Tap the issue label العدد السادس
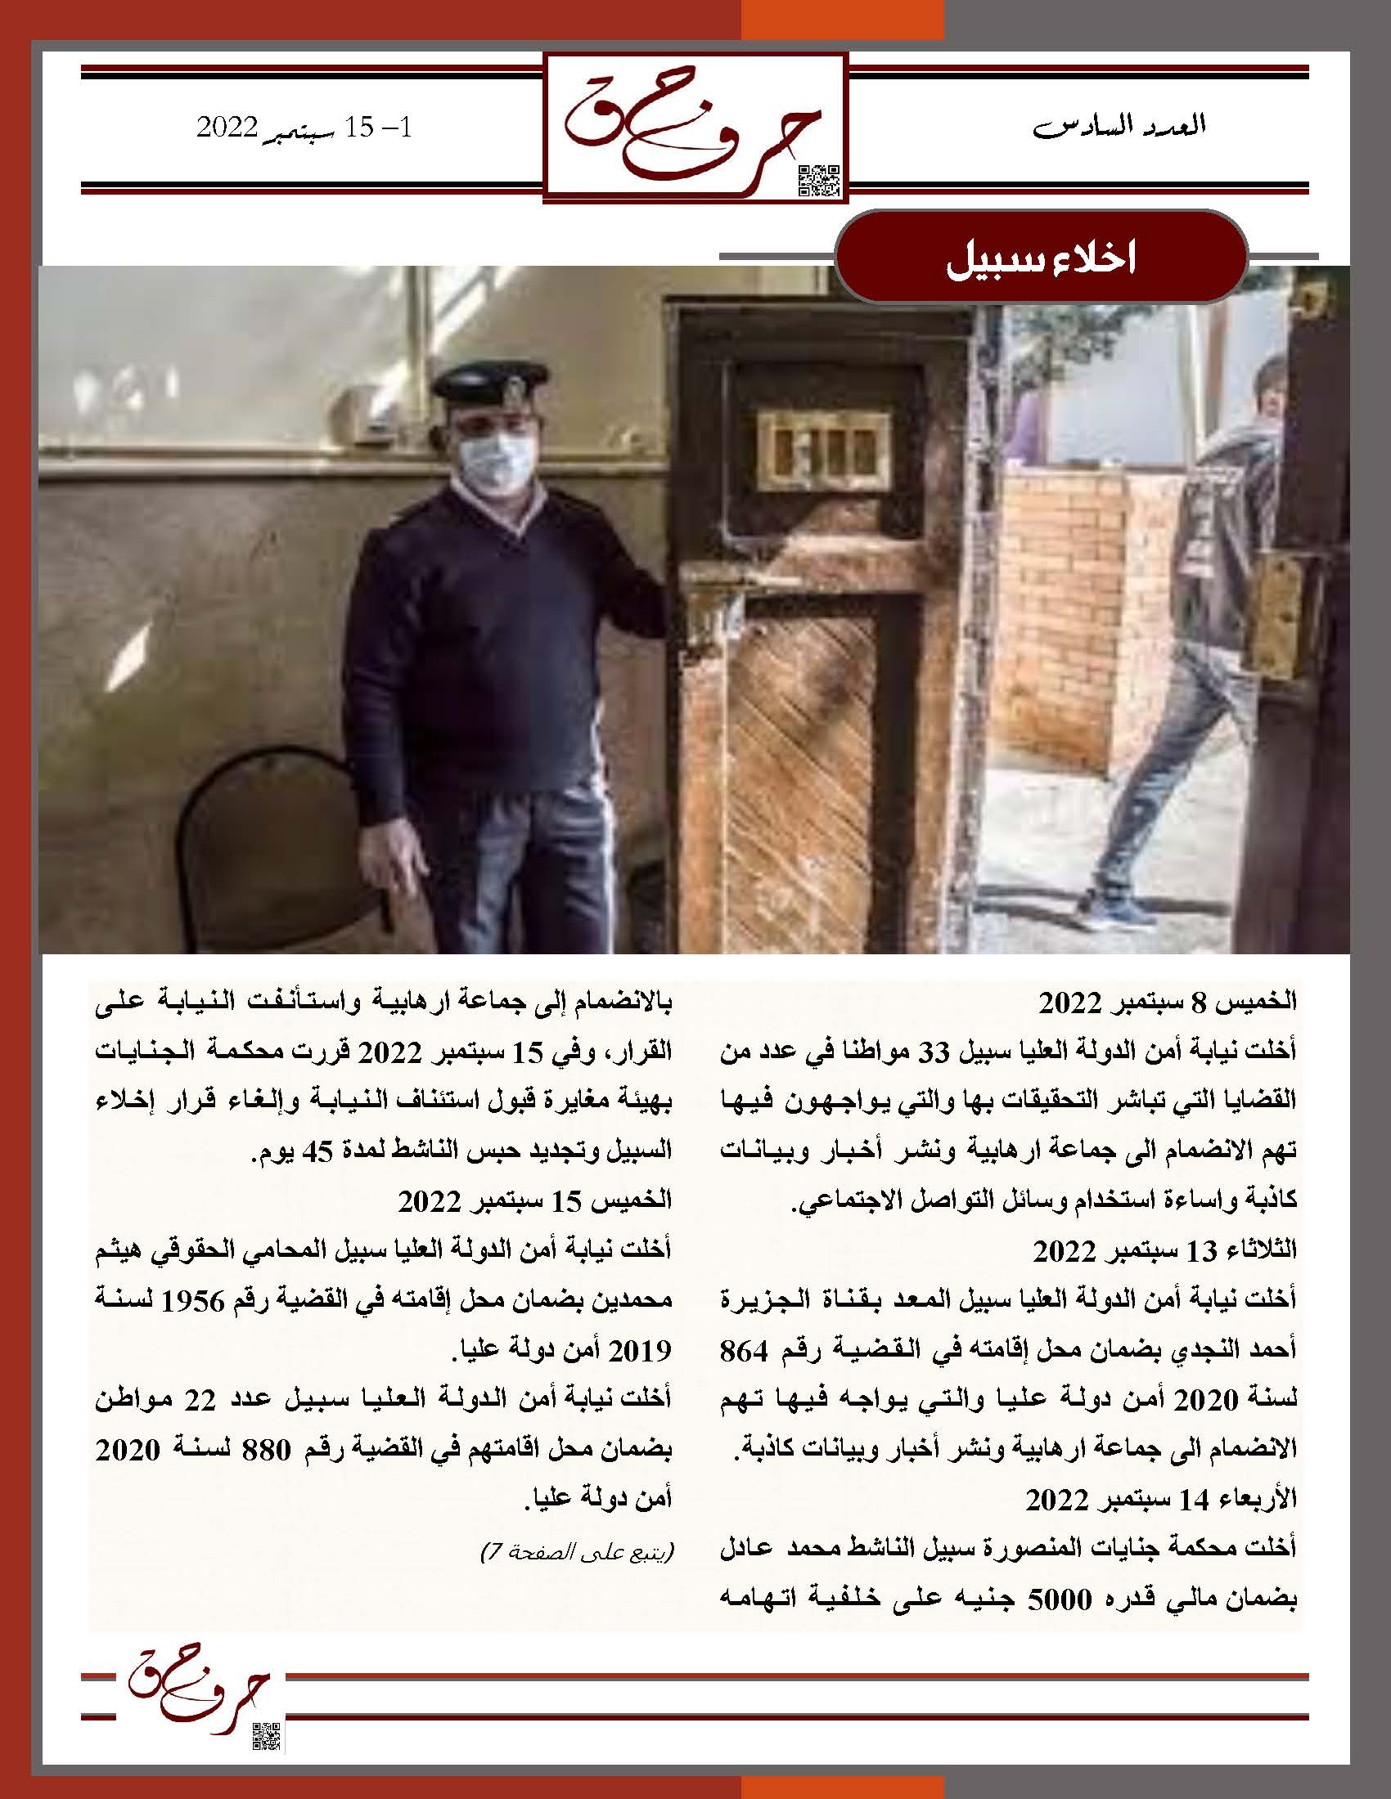[x=1119, y=127]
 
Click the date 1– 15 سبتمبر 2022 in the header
[x=308, y=128]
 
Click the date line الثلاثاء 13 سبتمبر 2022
[x=1164, y=1250]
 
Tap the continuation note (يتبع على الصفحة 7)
[x=577, y=1554]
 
